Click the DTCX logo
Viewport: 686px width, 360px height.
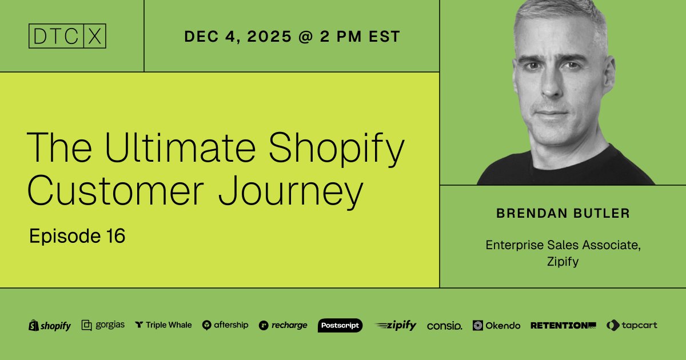click(67, 36)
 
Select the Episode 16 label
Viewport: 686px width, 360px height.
click(77, 236)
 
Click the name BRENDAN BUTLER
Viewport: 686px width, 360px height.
click(563, 214)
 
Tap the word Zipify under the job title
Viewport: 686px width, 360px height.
click(563, 262)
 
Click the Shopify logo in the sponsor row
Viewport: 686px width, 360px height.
click(50, 326)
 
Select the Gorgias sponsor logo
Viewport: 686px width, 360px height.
click(103, 325)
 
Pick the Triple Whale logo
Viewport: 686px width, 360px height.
click(163, 325)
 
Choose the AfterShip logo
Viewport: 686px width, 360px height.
click(225, 325)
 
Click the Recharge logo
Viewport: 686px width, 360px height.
click(283, 325)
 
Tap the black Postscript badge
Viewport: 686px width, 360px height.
click(340, 325)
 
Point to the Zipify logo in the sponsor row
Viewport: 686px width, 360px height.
click(396, 325)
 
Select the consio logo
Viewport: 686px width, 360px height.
click(444, 326)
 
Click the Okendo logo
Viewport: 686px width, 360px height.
click(496, 325)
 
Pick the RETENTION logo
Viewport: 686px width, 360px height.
click(563, 325)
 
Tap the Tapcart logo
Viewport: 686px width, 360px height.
click(632, 325)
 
